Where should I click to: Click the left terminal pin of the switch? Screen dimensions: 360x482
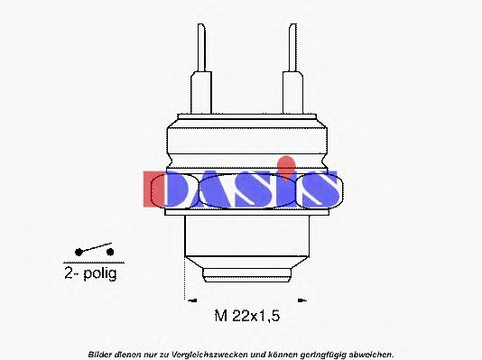point(202,50)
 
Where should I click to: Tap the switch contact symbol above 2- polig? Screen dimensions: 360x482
point(95,250)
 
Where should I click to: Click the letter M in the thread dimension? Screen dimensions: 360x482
point(220,315)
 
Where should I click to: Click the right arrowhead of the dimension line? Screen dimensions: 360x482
point(304,297)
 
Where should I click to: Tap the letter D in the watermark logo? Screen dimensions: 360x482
point(171,189)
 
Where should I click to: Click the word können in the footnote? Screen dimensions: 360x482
point(269,354)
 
